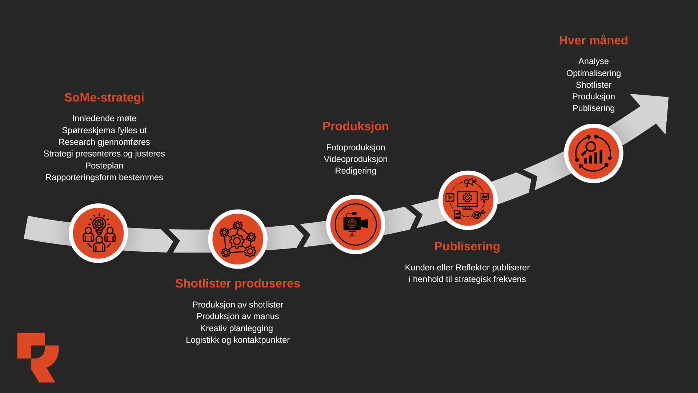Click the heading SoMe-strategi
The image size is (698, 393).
coord(104,98)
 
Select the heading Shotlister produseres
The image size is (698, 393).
coord(237,283)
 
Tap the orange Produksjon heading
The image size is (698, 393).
coord(356,126)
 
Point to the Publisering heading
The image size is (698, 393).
coord(467,246)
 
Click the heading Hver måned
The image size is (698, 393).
coord(593,40)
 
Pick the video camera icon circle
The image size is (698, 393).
coord(356,225)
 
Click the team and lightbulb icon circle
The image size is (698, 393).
coord(98,233)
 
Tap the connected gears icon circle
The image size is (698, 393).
coord(238,239)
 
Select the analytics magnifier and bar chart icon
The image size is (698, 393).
coord(593,154)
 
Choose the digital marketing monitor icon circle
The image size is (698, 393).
coord(468,200)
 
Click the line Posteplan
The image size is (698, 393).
coord(104,166)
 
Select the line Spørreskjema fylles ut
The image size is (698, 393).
coord(104,130)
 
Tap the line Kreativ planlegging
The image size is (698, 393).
coord(236,328)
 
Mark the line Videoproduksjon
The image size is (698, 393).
coord(356,159)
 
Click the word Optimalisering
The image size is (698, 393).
coord(593,73)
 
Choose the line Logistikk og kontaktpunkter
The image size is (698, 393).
coord(238,340)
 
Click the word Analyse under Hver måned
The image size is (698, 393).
coord(593,61)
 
